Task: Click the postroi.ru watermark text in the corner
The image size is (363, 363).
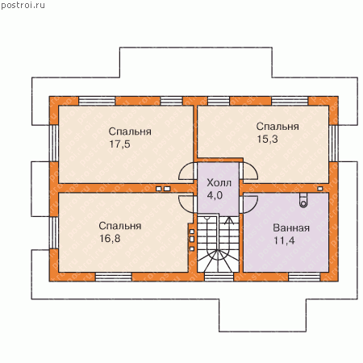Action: point(23,6)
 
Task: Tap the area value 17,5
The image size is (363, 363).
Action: point(119,144)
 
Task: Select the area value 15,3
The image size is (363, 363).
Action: point(267,139)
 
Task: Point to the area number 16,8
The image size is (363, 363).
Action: point(110,239)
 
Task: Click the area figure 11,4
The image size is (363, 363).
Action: point(284,240)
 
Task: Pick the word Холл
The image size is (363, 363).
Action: point(219,183)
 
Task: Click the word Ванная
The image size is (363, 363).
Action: point(291,228)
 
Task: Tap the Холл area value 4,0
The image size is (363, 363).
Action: point(215,195)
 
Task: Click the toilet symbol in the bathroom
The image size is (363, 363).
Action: point(303,201)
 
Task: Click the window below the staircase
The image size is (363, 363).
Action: point(219,277)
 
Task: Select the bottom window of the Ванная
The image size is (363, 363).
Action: point(304,277)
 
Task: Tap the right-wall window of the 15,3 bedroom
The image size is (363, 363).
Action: point(333,144)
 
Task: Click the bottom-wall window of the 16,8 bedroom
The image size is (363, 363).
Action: point(114,277)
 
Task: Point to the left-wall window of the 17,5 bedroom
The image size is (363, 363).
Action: point(54,144)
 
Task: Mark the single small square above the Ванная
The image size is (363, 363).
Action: point(320,189)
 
